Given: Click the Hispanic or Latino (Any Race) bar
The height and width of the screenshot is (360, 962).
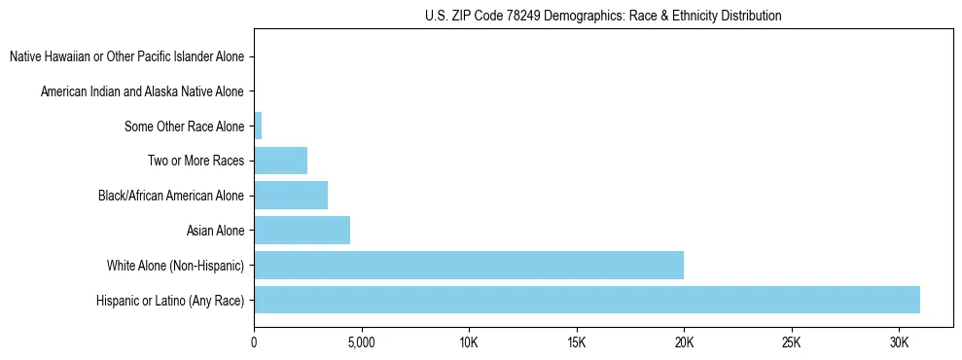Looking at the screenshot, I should coord(587,300).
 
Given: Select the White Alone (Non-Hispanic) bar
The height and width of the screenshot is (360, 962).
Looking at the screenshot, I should coord(469,265).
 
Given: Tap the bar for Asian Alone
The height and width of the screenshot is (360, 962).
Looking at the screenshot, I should coord(302,231).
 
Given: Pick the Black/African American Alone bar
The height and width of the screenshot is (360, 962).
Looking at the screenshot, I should coord(291,196).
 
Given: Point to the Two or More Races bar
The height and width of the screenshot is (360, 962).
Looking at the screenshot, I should coord(280,161).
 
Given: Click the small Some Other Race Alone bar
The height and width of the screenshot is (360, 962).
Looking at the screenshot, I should coord(258,126).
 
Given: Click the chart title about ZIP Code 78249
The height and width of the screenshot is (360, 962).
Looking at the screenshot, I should coord(603,16).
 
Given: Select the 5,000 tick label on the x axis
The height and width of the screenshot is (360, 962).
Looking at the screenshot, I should coord(361,343).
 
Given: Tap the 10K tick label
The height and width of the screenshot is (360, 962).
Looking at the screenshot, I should coord(469,343).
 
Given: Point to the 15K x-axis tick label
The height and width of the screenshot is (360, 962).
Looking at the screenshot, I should coord(576,343).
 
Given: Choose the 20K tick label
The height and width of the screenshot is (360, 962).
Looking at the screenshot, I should coord(684,343).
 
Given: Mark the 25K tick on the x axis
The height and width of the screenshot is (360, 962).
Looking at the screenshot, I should coord(791,343).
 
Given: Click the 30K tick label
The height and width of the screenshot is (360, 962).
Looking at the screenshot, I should coord(899,343).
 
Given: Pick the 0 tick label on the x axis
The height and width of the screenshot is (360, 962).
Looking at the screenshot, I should coord(254,343).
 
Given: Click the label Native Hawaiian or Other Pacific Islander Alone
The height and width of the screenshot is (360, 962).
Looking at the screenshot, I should coord(126,56).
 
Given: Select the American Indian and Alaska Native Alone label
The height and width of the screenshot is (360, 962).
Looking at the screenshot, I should coord(142,91).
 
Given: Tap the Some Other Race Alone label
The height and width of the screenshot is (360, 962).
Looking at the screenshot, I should coord(184,126).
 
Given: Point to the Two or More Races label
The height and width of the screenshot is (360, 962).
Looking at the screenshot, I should coord(197,161).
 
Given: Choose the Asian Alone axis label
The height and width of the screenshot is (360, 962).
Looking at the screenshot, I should coord(215,231).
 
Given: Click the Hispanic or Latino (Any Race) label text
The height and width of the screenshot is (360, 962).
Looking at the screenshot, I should coord(170,301).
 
